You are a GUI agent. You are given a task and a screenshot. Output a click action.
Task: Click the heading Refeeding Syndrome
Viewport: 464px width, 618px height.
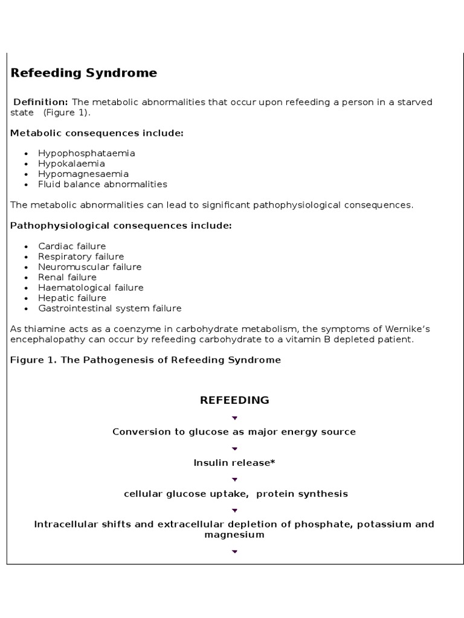click(84, 73)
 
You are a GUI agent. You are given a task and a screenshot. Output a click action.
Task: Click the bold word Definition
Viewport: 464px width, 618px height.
click(40, 102)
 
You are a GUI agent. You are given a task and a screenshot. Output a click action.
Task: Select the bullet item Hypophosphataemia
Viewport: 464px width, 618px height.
click(86, 153)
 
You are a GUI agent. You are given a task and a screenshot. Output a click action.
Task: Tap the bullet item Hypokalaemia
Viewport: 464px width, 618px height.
click(71, 164)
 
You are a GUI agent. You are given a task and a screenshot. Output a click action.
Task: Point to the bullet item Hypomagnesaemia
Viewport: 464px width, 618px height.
click(83, 174)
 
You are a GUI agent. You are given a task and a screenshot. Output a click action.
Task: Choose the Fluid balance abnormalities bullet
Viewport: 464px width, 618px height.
click(103, 184)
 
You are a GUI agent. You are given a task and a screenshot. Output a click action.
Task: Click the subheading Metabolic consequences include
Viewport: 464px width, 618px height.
click(97, 133)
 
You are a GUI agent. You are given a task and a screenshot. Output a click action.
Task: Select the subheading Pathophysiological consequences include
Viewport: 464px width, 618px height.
click(121, 225)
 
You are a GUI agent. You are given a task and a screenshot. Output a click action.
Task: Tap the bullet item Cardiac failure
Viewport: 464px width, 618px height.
click(72, 246)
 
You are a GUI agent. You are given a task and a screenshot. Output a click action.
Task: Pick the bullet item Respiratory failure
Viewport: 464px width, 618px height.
click(81, 256)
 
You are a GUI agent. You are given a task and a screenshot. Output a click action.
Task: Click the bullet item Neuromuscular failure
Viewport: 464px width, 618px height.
click(89, 267)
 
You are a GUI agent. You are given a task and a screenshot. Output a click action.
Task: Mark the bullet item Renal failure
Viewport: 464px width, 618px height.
click(67, 277)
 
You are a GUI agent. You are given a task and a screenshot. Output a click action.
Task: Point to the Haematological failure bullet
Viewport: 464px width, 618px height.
click(91, 287)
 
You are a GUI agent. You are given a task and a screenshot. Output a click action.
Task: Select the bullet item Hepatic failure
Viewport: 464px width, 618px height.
click(72, 298)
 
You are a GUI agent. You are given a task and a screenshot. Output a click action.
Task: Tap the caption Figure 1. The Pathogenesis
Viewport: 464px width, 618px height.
click(146, 360)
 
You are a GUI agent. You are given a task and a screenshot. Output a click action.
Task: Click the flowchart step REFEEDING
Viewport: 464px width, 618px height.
click(234, 400)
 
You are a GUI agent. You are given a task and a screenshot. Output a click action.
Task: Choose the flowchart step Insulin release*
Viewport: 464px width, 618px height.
click(234, 463)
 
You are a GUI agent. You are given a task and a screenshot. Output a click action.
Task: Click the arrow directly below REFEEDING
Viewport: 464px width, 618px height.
click(234, 418)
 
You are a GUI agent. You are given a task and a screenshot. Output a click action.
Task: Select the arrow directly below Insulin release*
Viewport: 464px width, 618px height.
click(234, 479)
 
